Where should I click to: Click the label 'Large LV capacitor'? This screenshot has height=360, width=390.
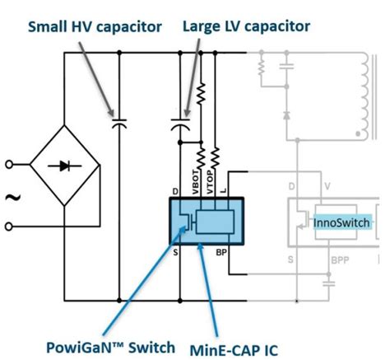coord(246,26)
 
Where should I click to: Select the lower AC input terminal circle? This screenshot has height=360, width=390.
coord(10,225)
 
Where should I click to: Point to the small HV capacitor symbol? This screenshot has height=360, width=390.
coord(120,124)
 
